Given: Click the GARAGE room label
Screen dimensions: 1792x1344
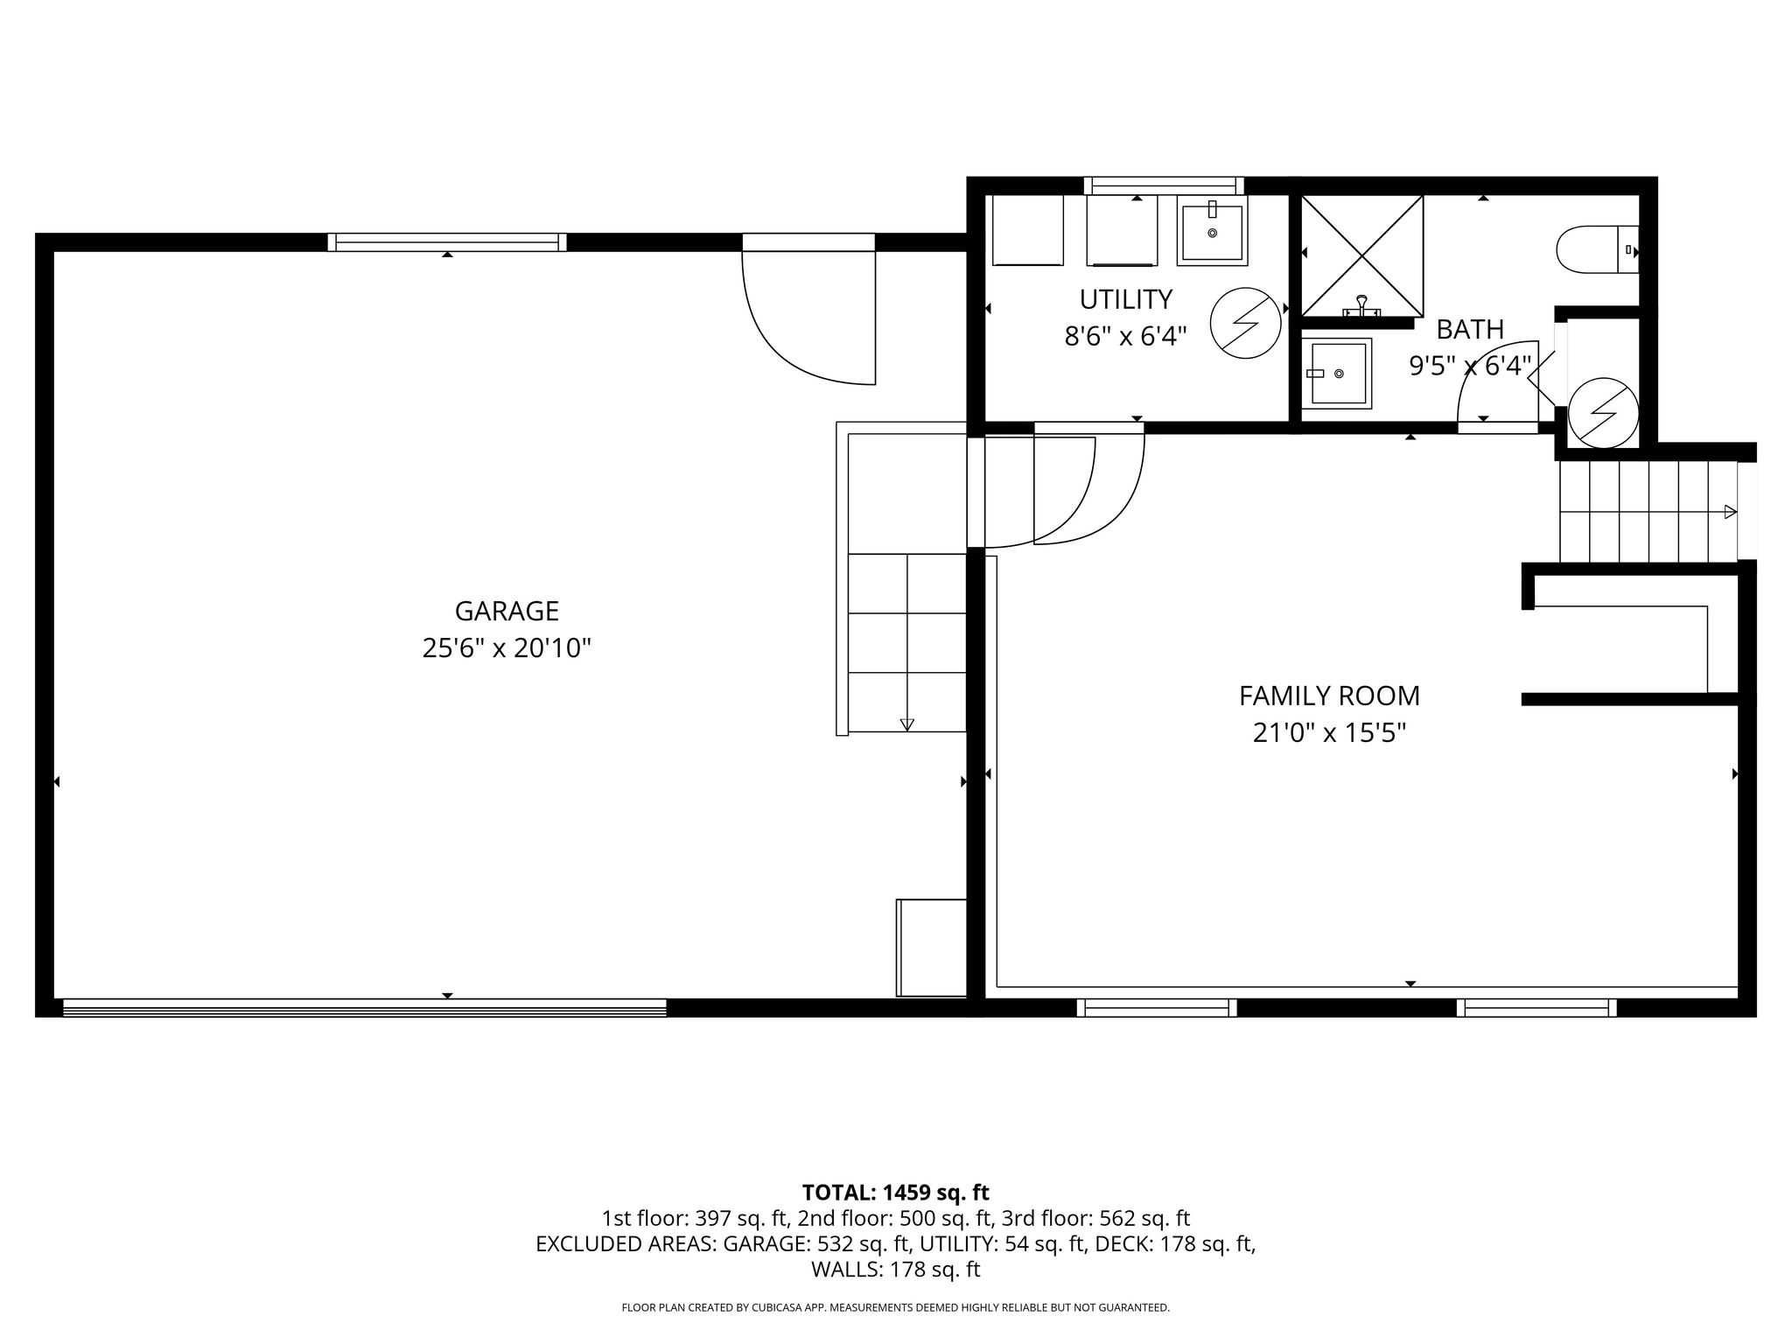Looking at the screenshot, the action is coord(507,610).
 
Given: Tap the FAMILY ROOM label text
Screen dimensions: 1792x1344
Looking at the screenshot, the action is coord(1329,696).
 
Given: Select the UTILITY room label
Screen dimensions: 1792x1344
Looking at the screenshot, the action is coord(1125,299).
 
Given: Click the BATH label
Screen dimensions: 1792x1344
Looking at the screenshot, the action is coord(1470,329).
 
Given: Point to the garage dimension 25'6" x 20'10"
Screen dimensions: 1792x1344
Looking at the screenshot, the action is coord(507,648).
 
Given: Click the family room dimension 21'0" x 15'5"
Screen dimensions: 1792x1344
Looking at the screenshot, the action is coord(1329,732).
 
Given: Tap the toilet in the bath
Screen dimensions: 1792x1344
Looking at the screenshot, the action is coord(1597,249).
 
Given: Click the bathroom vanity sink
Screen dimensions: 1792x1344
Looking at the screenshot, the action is coord(1336,373).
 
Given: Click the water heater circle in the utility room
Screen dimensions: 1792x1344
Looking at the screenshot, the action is coord(1245,323).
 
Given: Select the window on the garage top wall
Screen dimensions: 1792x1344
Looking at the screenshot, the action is coord(447,242).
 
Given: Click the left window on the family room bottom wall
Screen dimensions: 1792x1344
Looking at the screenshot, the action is coord(1157,1008).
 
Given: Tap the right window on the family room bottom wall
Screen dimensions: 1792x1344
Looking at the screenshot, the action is coord(1536,1008).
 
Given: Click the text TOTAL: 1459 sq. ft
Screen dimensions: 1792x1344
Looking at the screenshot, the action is coord(895,1193).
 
